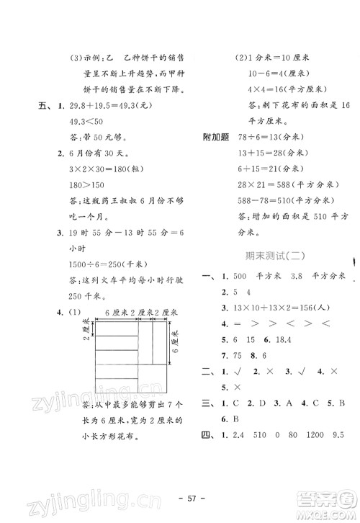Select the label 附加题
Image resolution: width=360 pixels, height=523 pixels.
pyautogui.click(x=218, y=138)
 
